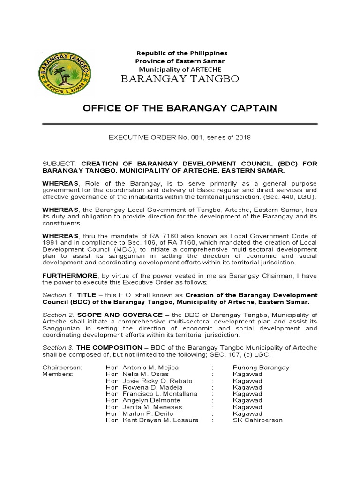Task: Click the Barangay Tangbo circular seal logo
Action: click(64, 72)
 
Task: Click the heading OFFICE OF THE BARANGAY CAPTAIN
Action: click(180, 108)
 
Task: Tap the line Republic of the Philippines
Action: click(181, 53)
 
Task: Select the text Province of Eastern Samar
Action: click(180, 61)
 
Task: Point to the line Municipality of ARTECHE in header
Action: click(180, 69)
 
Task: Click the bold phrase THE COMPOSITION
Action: click(109, 347)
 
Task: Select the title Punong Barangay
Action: click(261, 367)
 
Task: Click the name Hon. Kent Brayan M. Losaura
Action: click(152, 420)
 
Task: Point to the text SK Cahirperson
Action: click(258, 420)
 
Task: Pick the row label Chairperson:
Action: click(62, 367)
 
